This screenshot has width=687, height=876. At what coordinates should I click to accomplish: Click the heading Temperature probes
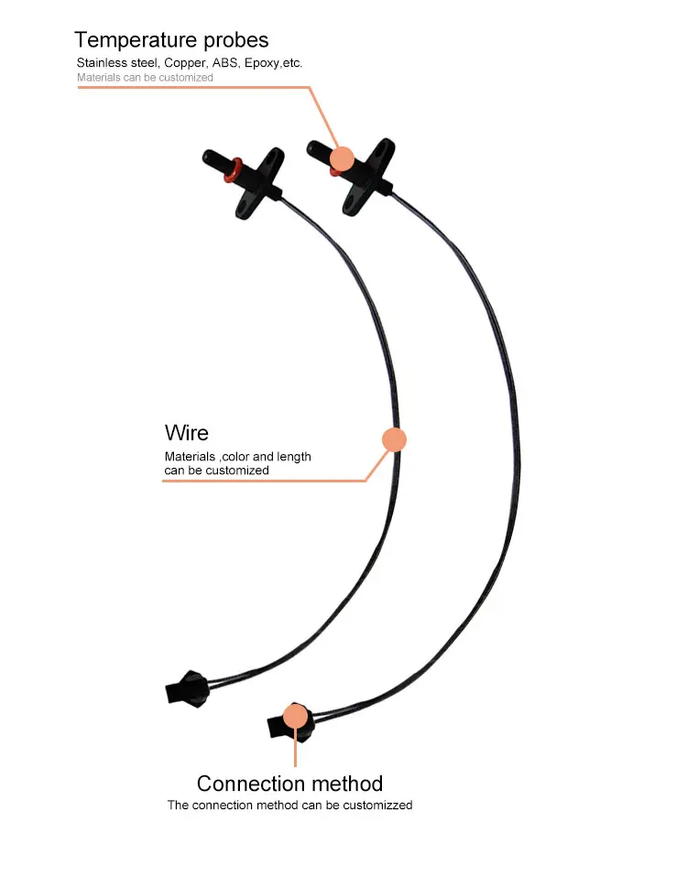(x=171, y=39)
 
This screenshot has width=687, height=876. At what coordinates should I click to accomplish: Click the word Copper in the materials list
(x=187, y=63)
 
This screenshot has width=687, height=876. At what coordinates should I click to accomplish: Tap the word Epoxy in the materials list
(x=262, y=63)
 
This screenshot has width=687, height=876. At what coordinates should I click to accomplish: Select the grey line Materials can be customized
(x=145, y=78)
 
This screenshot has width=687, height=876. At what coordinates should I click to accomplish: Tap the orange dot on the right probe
(x=342, y=158)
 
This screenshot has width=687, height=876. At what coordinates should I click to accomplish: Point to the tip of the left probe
(x=208, y=155)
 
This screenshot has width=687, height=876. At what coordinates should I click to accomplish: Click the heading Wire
(x=187, y=432)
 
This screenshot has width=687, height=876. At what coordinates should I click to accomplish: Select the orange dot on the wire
(x=393, y=439)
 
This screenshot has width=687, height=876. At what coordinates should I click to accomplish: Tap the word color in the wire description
(x=238, y=456)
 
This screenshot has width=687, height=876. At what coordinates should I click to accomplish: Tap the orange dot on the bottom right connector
(x=295, y=715)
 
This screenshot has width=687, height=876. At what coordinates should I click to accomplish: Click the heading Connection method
(x=289, y=784)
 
